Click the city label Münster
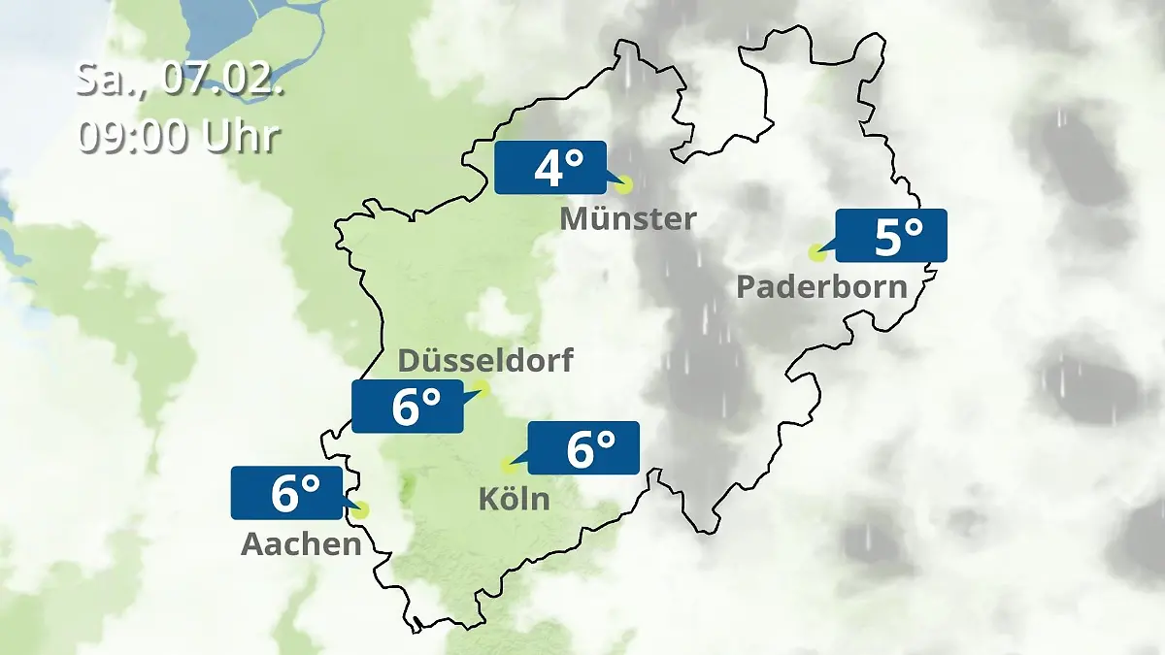pyautogui.click(x=627, y=218)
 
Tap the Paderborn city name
pyautogui.click(x=821, y=287)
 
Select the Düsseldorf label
pyautogui.click(x=485, y=361)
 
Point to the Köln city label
pyautogui.click(x=514, y=499)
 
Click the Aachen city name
pyautogui.click(x=301, y=544)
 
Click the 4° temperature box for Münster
pyautogui.click(x=549, y=168)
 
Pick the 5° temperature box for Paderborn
pyautogui.click(x=890, y=236)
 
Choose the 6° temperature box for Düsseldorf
pyautogui.click(x=408, y=406)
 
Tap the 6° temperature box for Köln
pyautogui.click(x=582, y=447)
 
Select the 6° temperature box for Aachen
pyautogui.click(x=286, y=492)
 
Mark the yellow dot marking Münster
pyautogui.click(x=623, y=184)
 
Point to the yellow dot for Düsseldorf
pyautogui.click(x=482, y=389)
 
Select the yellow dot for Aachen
pyautogui.click(x=362, y=509)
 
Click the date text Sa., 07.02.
pyautogui.click(x=180, y=80)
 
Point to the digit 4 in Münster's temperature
pyautogui.click(x=547, y=169)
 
